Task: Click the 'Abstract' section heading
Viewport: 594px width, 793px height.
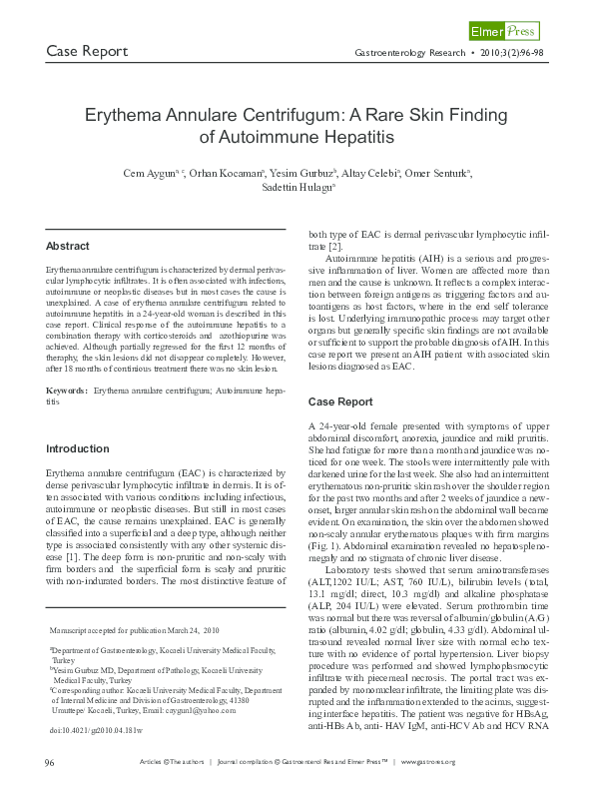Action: (x=68, y=246)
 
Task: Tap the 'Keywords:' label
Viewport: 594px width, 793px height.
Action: (x=66, y=389)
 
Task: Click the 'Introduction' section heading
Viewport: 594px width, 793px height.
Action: (x=79, y=448)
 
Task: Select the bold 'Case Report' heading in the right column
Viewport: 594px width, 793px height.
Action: (x=339, y=400)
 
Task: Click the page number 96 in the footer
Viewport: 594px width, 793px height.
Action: (x=50, y=763)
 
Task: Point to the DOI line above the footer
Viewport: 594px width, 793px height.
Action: (x=92, y=730)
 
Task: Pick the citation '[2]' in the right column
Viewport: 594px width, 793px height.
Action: (x=335, y=245)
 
